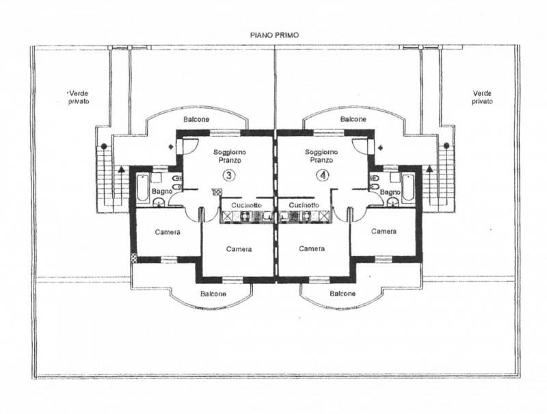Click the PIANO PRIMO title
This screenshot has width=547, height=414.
(274, 35)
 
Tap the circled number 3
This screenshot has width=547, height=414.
(229, 175)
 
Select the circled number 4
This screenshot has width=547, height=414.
(322, 175)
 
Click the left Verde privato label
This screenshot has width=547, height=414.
(79, 97)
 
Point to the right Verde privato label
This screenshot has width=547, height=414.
(483, 97)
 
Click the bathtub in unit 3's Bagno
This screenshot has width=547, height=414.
(142, 187)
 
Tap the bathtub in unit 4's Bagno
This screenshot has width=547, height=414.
(408, 187)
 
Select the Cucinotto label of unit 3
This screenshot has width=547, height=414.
(246, 205)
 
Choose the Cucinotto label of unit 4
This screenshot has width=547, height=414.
(304, 205)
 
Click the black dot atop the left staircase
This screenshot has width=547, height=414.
(104, 146)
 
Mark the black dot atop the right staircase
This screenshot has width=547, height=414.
(446, 145)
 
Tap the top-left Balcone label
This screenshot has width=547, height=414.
(196, 119)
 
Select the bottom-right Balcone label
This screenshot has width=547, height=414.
(343, 294)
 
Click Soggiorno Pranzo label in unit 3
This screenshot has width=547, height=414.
(230, 157)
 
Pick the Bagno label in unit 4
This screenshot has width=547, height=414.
(390, 192)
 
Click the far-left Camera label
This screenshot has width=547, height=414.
(168, 232)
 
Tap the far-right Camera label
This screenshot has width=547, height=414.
(384, 231)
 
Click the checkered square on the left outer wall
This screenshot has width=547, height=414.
(133, 257)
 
